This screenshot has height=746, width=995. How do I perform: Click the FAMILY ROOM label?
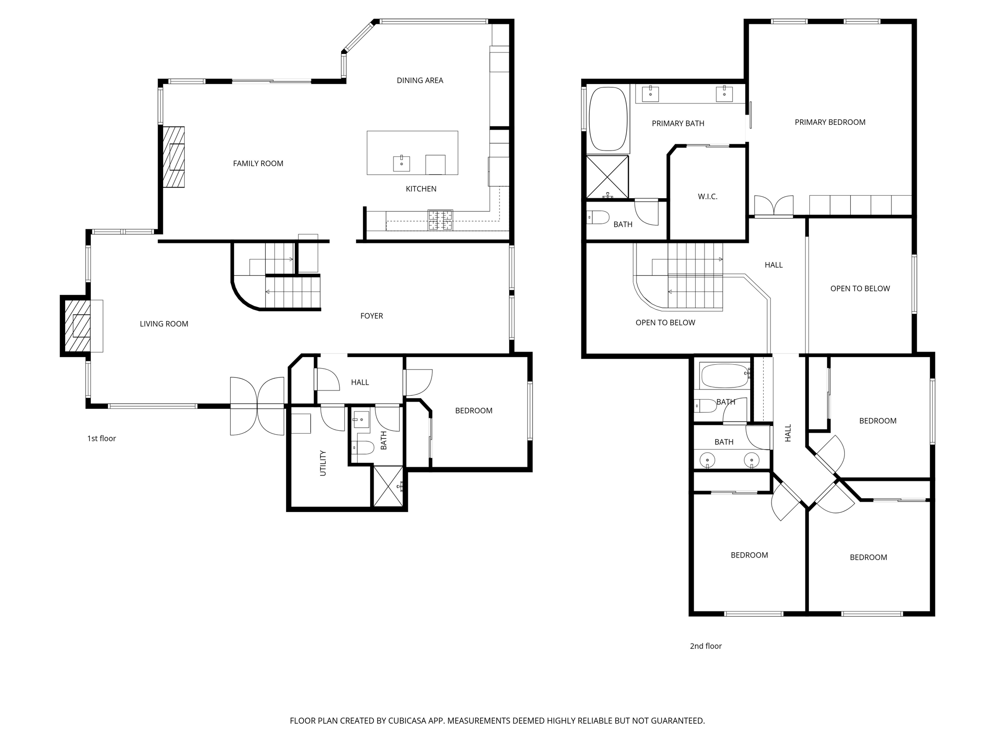[x=258, y=164]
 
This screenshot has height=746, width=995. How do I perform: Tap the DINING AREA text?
[x=420, y=81]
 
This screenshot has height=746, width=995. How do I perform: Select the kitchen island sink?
[x=401, y=164]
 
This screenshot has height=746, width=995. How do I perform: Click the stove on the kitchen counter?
[x=440, y=220]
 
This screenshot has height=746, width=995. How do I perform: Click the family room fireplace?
[x=173, y=157]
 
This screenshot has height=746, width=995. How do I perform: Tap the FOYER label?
[x=372, y=316]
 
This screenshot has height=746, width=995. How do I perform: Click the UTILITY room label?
[x=323, y=463]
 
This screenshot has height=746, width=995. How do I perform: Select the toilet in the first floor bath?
[x=362, y=447]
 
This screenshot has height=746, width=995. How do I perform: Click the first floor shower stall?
[x=388, y=486]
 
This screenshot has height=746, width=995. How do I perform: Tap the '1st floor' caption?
[x=102, y=439]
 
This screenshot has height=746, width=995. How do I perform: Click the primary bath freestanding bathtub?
[x=608, y=119]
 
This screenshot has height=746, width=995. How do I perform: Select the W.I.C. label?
[x=707, y=197]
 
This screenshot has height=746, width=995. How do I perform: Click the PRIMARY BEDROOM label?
[x=830, y=122]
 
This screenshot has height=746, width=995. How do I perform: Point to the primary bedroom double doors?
[x=773, y=206]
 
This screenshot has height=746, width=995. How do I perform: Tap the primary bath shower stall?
[x=607, y=177]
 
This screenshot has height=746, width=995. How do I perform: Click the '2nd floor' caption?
[x=705, y=646]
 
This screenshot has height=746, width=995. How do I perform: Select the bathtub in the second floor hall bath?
[x=724, y=375]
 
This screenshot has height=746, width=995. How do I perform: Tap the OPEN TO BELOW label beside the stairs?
[x=665, y=322]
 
